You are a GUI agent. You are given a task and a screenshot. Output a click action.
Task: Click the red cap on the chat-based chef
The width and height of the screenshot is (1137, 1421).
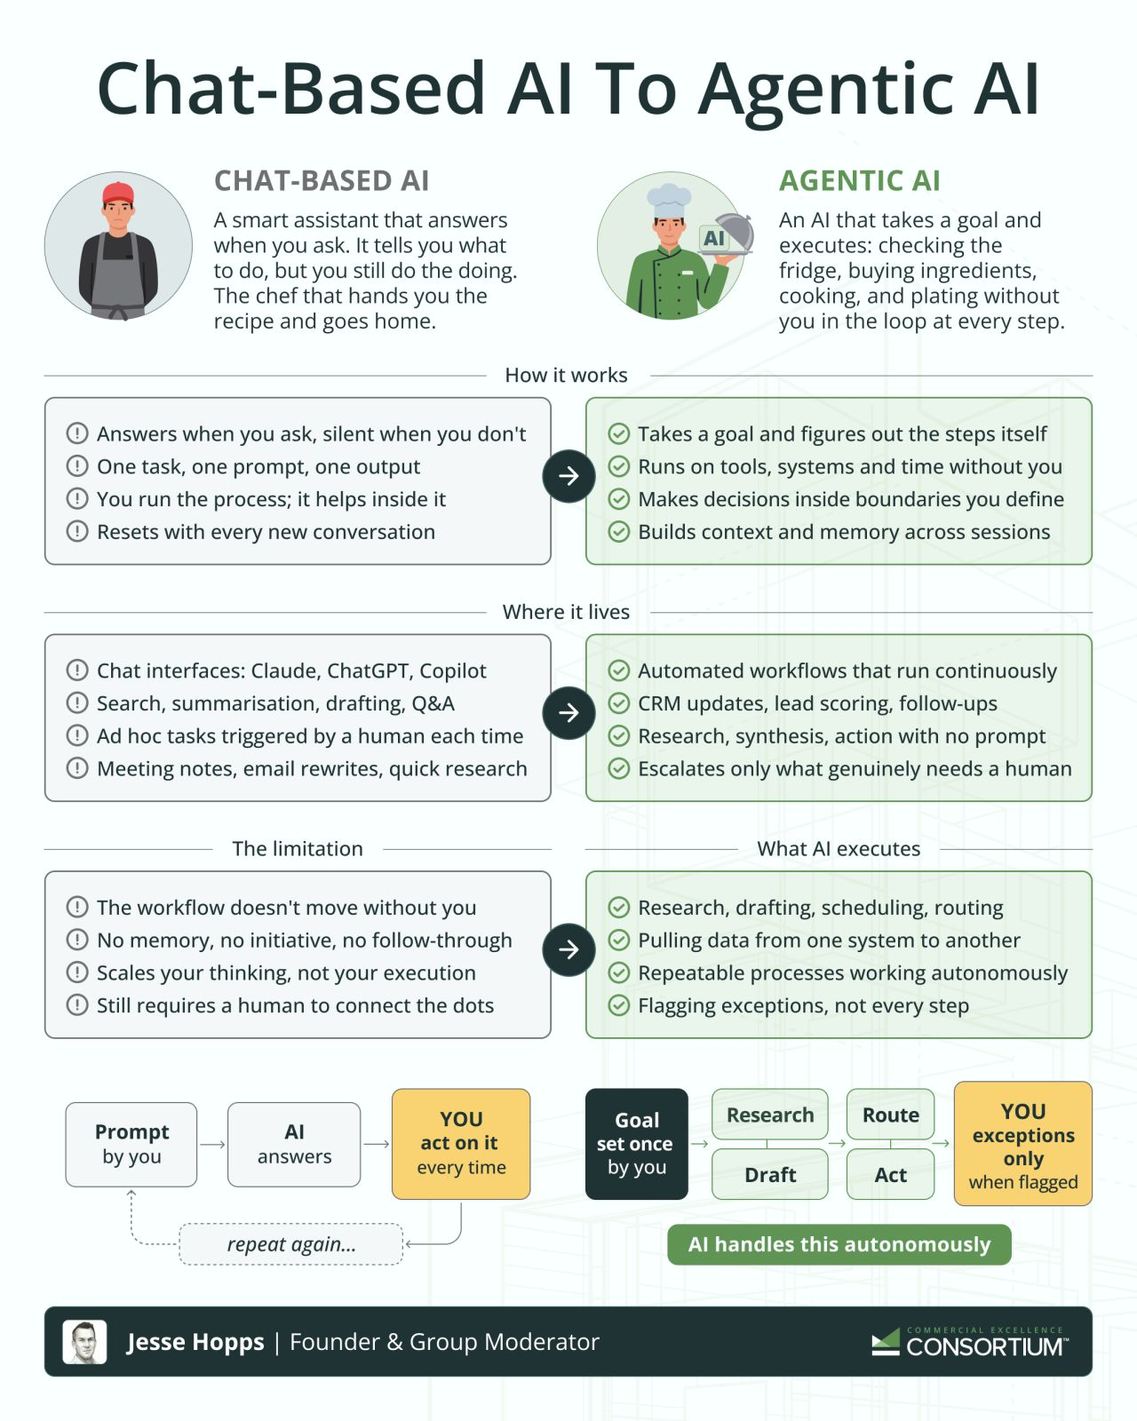(118, 194)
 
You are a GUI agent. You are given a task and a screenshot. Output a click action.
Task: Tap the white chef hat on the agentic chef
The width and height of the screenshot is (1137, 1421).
(669, 201)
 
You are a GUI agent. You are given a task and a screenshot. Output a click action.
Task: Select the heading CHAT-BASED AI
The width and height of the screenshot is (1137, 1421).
(322, 181)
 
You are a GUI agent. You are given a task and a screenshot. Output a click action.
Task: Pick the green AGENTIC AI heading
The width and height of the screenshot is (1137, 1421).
(860, 181)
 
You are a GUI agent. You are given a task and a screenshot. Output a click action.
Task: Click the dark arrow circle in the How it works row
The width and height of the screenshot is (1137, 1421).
(568, 476)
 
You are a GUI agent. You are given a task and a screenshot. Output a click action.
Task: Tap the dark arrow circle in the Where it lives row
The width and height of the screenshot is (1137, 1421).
(568, 713)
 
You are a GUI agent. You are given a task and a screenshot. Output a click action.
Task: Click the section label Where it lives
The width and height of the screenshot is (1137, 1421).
(566, 612)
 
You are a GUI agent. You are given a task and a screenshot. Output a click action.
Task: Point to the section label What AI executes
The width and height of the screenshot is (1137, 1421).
(839, 848)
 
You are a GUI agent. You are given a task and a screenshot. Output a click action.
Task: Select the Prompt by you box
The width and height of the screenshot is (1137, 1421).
(131, 1144)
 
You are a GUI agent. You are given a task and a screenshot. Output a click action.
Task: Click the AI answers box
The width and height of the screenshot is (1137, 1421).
(294, 1144)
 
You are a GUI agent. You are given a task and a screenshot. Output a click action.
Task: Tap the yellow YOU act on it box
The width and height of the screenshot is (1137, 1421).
(461, 1144)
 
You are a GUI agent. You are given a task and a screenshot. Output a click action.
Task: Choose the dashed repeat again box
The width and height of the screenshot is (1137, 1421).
(290, 1244)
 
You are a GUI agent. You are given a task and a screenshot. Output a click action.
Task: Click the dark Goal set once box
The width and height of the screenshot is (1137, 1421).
(637, 1144)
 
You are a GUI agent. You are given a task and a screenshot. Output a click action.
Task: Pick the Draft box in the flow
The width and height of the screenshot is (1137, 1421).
(769, 1175)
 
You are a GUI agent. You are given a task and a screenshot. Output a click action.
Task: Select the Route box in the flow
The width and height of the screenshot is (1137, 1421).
(891, 1115)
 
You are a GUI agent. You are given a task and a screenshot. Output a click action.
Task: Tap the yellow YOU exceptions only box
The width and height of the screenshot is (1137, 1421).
(1023, 1144)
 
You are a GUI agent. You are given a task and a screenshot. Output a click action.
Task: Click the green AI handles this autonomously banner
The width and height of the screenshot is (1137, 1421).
(839, 1244)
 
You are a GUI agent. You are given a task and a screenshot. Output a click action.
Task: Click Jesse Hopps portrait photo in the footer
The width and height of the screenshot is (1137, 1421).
(84, 1342)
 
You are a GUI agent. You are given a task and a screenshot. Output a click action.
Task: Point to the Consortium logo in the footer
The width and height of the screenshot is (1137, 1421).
(970, 1342)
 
